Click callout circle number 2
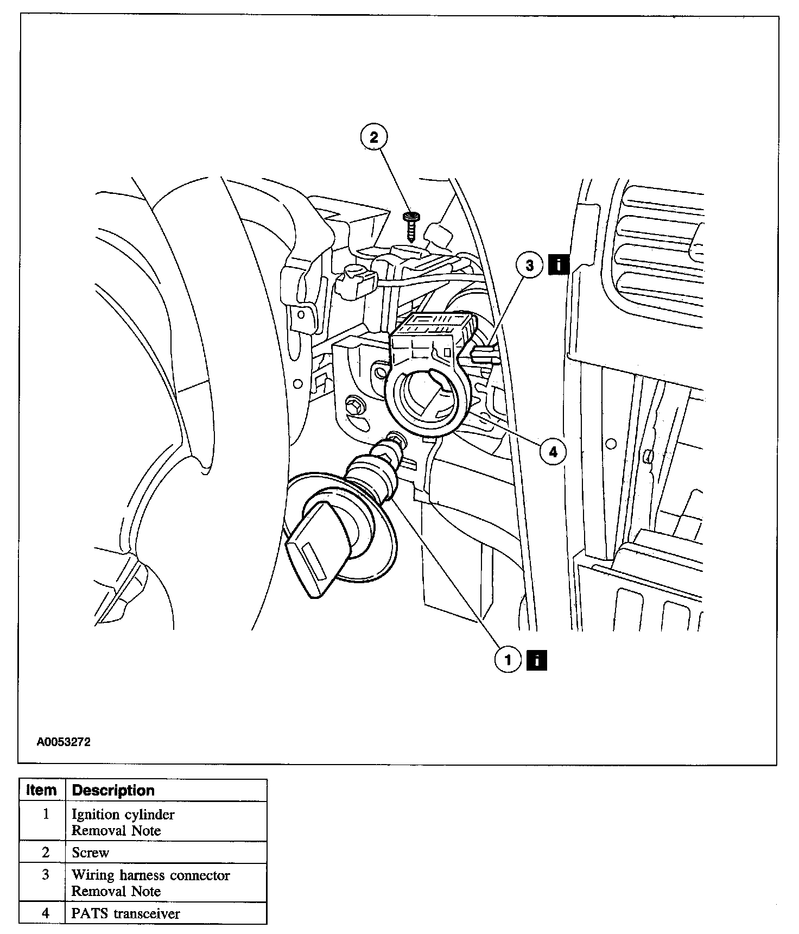tap(373, 137)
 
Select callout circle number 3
tap(529, 265)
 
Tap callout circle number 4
tap(553, 451)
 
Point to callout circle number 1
tap(508, 660)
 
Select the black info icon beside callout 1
tap(536, 660)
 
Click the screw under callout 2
tap(410, 225)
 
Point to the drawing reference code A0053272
tap(64, 742)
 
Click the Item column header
tap(42, 790)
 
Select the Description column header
tap(113, 790)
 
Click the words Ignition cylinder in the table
tap(123, 814)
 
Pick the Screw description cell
tap(91, 853)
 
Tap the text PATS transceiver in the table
tap(125, 913)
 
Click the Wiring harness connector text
tap(151, 875)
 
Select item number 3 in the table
tap(46, 875)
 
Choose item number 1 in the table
tap(46, 814)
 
